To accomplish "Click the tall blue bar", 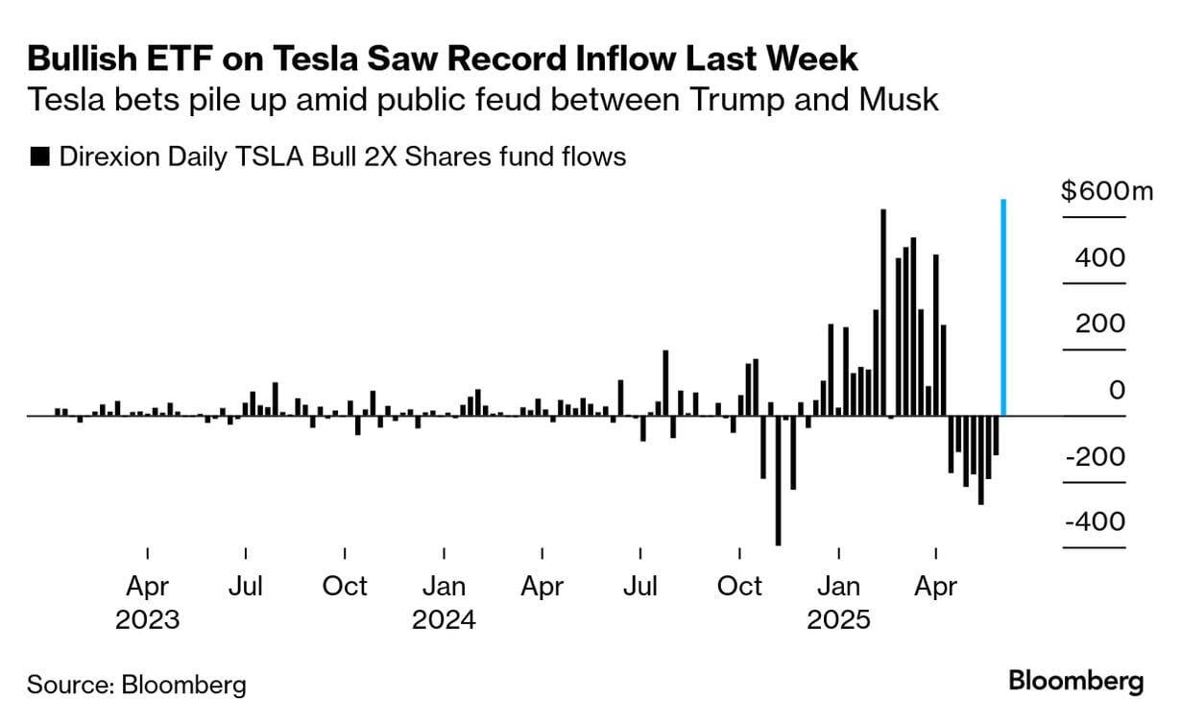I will [1003, 307].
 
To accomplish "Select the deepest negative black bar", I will [778, 480].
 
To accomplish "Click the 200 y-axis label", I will [1100, 324].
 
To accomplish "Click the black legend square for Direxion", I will [40, 157].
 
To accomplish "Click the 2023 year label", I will [147, 619].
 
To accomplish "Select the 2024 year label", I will [444, 619].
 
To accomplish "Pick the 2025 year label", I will [838, 619].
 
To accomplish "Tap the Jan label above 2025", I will [838, 586].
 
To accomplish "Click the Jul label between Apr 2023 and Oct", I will [246, 586].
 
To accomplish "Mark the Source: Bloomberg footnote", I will [136, 685].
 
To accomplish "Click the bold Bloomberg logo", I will [1076, 682].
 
